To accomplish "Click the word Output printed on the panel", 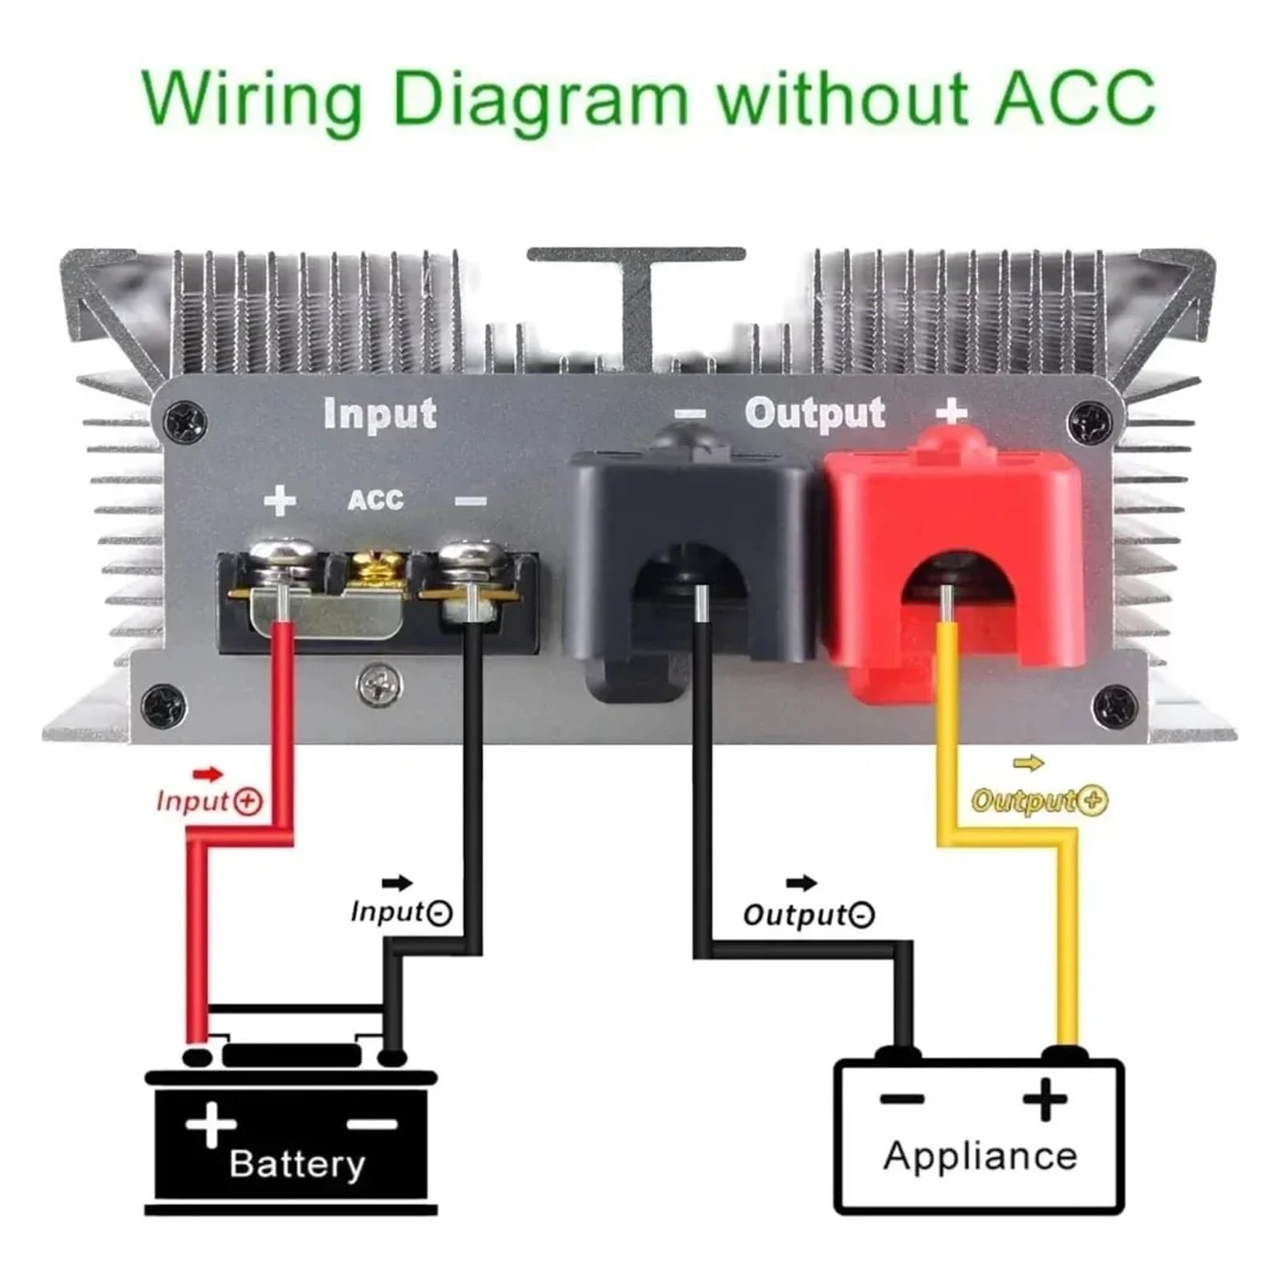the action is pyautogui.click(x=815, y=414).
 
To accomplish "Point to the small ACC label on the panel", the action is pyautogui.click(x=375, y=500).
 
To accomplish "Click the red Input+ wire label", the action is pyautogui.click(x=209, y=801).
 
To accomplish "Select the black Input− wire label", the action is pyautogui.click(x=401, y=912).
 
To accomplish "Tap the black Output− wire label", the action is pyautogui.click(x=809, y=914).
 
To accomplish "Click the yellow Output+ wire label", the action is pyautogui.click(x=1039, y=800).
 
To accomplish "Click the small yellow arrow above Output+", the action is pyautogui.click(x=1029, y=763).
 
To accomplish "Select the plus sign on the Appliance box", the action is pyautogui.click(x=1045, y=1098).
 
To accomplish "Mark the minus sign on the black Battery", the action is pyautogui.click(x=372, y=1125).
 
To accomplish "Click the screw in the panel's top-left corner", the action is pyautogui.click(x=185, y=421).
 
